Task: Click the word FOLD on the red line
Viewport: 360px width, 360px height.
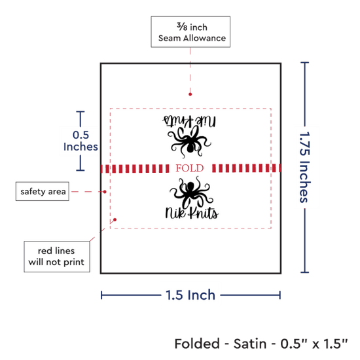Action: (x=190, y=168)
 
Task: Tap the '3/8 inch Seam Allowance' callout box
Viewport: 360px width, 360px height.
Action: (x=190, y=31)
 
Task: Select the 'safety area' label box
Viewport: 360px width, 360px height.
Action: (x=43, y=191)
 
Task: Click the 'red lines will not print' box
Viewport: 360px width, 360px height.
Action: (x=57, y=257)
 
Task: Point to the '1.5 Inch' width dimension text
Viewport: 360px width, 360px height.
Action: (x=190, y=295)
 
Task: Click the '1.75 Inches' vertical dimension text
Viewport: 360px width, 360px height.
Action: (x=305, y=168)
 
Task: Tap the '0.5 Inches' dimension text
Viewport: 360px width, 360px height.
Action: (x=81, y=141)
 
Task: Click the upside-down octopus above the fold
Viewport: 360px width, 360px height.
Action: (x=189, y=141)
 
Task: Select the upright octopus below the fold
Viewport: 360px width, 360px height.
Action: (x=191, y=192)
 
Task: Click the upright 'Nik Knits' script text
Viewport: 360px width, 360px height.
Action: (x=192, y=213)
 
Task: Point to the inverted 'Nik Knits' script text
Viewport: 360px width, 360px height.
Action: (x=189, y=121)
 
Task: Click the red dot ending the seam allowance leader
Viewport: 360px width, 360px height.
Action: (x=190, y=94)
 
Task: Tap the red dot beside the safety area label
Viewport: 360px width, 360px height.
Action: (x=105, y=192)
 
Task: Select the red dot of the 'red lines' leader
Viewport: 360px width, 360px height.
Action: (x=115, y=220)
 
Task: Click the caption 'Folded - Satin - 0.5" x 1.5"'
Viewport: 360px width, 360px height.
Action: (x=261, y=344)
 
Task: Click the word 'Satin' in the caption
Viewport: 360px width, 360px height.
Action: (x=250, y=344)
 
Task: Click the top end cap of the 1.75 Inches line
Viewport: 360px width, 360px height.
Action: (x=304, y=62)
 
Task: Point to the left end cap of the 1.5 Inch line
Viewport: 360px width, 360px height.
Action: (x=101, y=295)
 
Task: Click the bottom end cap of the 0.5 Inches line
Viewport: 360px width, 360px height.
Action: (x=81, y=170)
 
